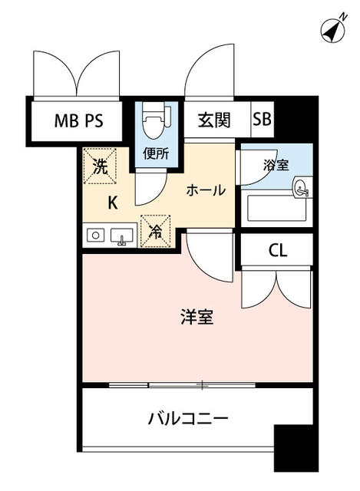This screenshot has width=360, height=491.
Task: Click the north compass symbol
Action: [333, 31]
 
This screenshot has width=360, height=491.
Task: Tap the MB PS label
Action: [78, 120]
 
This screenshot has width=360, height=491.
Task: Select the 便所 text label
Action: [156, 153]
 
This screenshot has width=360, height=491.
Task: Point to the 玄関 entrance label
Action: [214, 120]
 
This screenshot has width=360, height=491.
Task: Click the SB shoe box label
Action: [262, 119]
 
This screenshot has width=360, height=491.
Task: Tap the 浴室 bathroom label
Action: [276, 165]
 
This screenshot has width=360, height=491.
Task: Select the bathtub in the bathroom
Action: [276, 208]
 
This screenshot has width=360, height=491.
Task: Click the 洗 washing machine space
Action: [100, 166]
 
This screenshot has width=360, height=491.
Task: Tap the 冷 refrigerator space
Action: [155, 232]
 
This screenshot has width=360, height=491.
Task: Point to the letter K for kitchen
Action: [113, 203]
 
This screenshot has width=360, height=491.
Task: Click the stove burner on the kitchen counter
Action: [95, 235]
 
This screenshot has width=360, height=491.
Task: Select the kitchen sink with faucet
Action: [122, 236]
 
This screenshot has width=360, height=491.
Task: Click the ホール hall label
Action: [206, 190]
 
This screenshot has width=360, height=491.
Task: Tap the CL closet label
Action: [278, 251]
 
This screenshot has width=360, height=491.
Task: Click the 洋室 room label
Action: [197, 317]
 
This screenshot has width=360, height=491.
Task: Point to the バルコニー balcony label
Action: [188, 418]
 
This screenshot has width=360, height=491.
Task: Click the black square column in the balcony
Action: [293, 448]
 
